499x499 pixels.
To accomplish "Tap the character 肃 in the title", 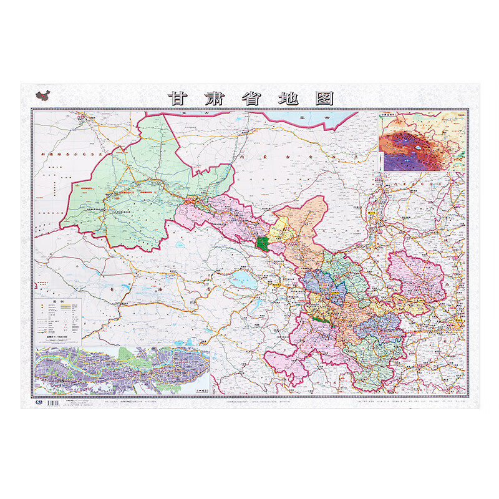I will [x=215, y=99].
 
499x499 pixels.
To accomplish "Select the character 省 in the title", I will [x=253, y=99].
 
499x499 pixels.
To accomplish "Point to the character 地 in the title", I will [x=289, y=99].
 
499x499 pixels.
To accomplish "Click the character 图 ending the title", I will [x=324, y=99].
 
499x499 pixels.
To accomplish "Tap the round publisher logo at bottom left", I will [x=36, y=402].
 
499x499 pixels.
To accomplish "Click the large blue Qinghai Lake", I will [x=241, y=278].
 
